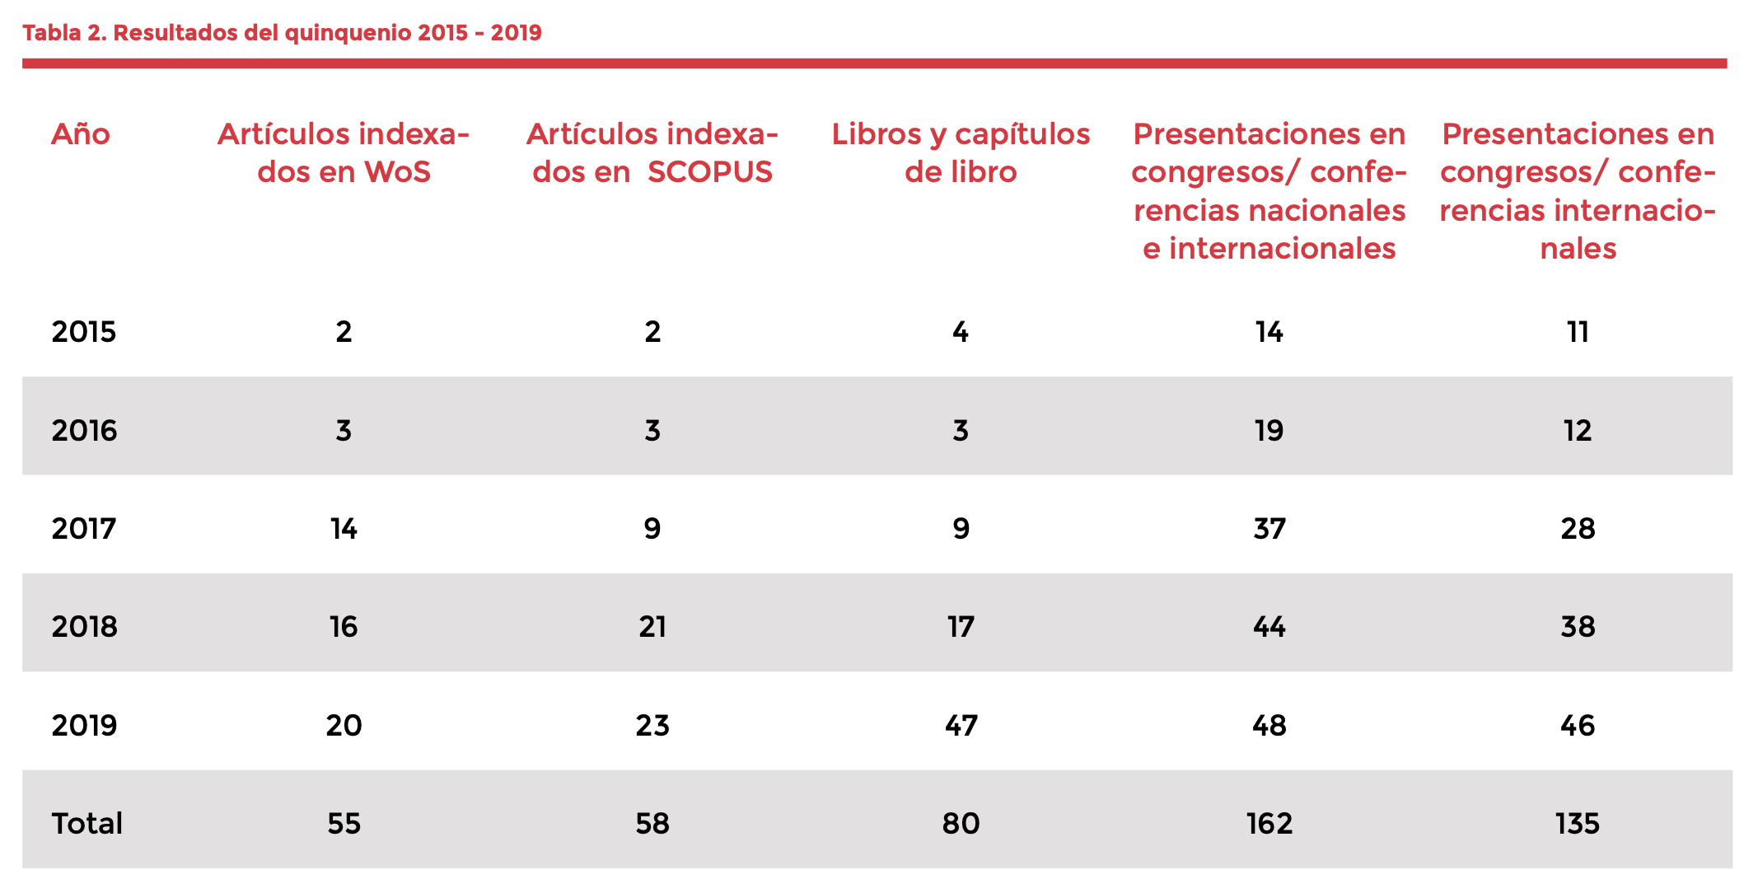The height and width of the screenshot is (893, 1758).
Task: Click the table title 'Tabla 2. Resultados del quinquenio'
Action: [282, 33]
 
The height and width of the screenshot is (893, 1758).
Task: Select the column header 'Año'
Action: [81, 134]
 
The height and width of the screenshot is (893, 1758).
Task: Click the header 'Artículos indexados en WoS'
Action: [344, 153]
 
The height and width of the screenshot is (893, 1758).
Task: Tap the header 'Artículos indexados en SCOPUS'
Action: [652, 153]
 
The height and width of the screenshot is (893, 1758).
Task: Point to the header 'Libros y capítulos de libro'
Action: [961, 153]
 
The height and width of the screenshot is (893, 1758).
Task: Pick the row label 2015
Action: [84, 332]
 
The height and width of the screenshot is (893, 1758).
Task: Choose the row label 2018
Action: [84, 627]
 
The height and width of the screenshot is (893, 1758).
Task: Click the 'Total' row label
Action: [86, 824]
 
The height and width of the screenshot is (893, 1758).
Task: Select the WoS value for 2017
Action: [344, 529]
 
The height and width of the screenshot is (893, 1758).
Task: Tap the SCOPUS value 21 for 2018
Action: [652, 627]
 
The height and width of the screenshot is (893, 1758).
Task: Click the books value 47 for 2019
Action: [961, 726]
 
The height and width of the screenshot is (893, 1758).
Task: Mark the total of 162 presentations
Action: [1269, 824]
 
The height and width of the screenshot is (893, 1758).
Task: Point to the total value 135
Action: [1577, 824]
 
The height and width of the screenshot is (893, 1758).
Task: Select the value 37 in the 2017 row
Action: [1269, 529]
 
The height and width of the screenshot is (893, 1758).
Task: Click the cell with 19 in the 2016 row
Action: [1269, 431]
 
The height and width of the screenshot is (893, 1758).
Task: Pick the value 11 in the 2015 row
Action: [1577, 332]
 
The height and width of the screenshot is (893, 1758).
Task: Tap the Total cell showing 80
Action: [961, 824]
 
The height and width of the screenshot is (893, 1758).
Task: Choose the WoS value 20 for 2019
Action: [344, 726]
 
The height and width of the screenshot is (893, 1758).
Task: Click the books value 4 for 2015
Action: [961, 332]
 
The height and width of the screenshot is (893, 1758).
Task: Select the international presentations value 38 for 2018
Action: [1577, 627]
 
